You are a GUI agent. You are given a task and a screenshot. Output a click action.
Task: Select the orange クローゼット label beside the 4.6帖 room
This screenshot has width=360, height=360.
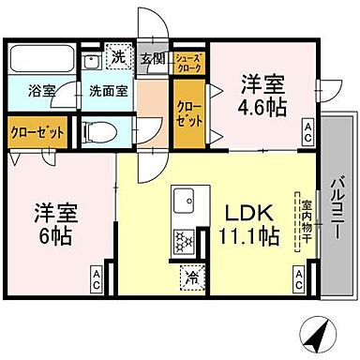(188, 115)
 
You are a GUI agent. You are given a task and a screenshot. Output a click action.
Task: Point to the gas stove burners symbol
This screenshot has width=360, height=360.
(183, 242)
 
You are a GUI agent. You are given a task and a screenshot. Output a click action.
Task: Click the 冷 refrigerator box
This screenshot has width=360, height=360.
(192, 277)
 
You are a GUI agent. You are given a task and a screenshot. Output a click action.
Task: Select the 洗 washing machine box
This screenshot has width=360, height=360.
(117, 57)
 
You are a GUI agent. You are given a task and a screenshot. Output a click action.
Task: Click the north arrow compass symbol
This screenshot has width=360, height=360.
(317, 333)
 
